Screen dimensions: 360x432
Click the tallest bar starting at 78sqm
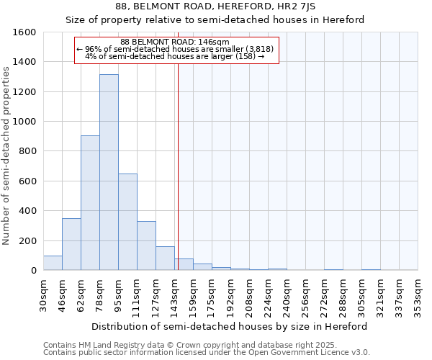click(x=109, y=173)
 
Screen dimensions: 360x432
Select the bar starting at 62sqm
click(x=90, y=203)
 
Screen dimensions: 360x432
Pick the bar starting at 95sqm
click(x=127, y=222)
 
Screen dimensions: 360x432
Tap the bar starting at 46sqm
click(x=71, y=244)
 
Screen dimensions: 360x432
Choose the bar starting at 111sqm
click(x=146, y=246)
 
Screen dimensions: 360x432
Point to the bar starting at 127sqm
click(x=165, y=258)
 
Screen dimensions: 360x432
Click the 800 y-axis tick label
click(x=27, y=151)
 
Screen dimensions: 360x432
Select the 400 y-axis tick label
click(x=27, y=211)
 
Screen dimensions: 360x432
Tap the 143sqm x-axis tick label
click(x=175, y=294)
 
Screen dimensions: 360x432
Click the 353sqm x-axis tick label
click(x=418, y=294)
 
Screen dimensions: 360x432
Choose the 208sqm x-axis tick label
click(x=250, y=294)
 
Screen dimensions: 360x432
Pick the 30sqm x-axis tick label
click(x=44, y=294)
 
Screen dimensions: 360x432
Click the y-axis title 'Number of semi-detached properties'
click(x=7, y=153)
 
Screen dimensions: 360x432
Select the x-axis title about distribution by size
click(x=230, y=326)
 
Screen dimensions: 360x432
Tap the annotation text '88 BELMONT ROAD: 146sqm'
click(x=175, y=42)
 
